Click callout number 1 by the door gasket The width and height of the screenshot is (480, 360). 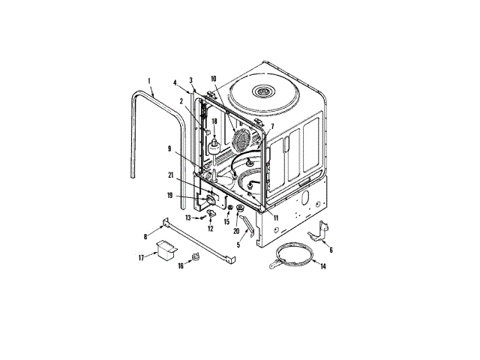click(149, 80)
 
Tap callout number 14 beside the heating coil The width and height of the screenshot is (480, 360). click(323, 266)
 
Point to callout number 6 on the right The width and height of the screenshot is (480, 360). click(331, 250)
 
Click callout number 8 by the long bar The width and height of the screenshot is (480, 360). click(145, 236)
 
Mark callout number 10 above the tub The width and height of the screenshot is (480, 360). click(213, 79)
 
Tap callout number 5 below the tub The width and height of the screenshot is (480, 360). click(238, 245)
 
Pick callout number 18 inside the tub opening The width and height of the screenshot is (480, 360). click(214, 121)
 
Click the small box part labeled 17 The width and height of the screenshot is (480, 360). click(163, 247)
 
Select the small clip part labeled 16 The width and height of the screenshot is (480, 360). click(197, 256)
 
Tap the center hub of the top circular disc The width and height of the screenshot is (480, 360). click(262, 91)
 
